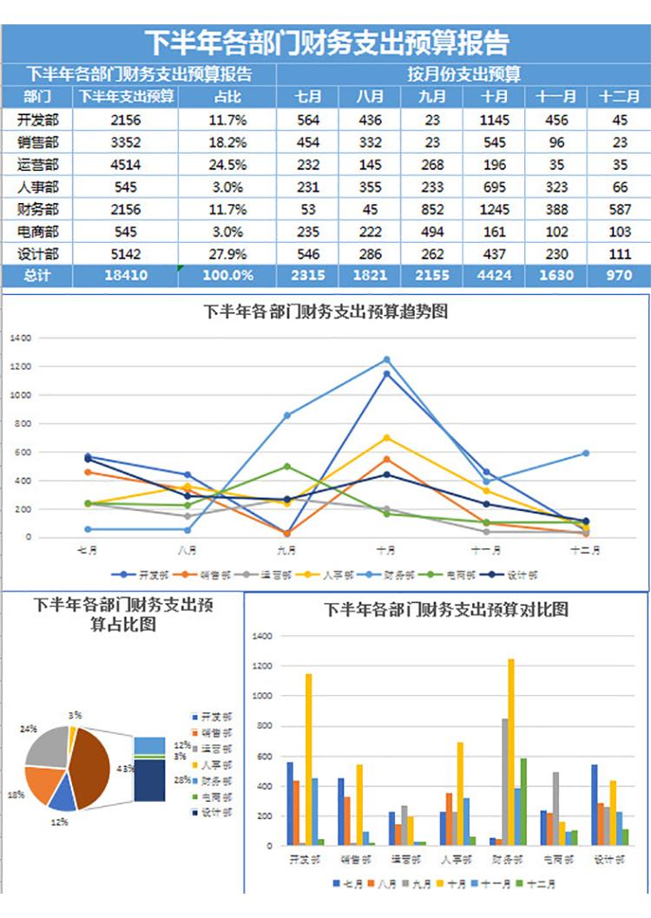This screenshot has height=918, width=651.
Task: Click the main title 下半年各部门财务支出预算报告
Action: click(325, 43)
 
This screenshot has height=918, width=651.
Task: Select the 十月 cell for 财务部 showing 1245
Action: click(495, 209)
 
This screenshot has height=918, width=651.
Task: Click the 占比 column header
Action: click(227, 96)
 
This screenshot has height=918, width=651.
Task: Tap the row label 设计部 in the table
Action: click(37, 254)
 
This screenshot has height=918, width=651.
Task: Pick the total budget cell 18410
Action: click(126, 276)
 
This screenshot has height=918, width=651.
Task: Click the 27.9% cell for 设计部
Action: click(227, 254)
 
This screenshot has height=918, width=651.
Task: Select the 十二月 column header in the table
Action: click(619, 96)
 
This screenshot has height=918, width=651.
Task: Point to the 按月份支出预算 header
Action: click(464, 74)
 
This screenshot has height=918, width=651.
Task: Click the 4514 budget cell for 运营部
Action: click(126, 164)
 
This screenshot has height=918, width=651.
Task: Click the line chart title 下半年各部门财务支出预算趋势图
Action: click(325, 311)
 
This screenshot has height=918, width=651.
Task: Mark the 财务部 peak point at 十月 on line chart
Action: click(386, 359)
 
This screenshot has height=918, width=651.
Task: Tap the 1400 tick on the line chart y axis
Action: click(21, 338)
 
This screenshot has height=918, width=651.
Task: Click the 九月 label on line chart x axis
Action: click(286, 550)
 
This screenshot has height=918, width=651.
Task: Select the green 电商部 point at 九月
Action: click(286, 467)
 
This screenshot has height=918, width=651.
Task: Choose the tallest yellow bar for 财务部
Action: click(510, 751)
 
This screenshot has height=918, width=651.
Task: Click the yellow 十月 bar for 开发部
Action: click(308, 759)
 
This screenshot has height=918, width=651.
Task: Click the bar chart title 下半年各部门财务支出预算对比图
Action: click(446, 610)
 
